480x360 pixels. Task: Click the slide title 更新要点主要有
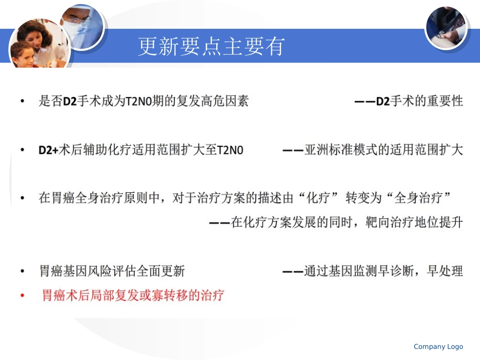point(212,46)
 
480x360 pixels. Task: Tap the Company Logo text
point(438,346)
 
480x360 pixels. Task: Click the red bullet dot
point(22,295)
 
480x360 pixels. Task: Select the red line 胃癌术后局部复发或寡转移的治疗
point(133,295)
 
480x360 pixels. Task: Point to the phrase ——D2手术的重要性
point(408,101)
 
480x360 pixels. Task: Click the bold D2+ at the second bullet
point(49,150)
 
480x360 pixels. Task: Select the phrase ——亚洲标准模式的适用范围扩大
point(372,150)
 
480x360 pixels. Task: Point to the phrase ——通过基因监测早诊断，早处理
point(372,271)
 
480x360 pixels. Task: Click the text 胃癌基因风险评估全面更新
point(112,271)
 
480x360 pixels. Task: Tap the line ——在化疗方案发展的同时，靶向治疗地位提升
point(335,222)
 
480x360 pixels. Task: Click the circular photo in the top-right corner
point(446,27)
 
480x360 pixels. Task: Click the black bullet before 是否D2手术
point(22,101)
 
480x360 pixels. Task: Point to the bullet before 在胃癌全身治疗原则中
point(22,198)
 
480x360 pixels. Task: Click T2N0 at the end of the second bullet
point(230,150)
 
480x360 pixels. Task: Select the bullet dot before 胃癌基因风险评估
point(22,272)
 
